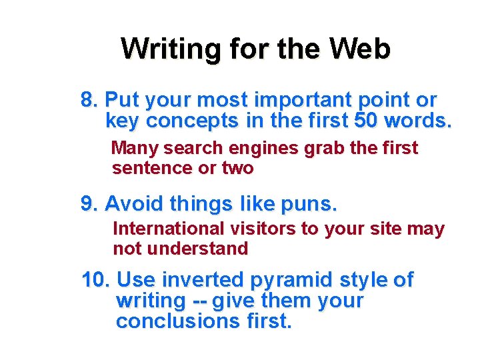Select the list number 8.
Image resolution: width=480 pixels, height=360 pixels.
[90, 101]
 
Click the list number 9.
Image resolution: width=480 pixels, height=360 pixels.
[90, 203]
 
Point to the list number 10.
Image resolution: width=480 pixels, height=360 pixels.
[95, 280]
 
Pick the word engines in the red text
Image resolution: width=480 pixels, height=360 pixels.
[266, 148]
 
